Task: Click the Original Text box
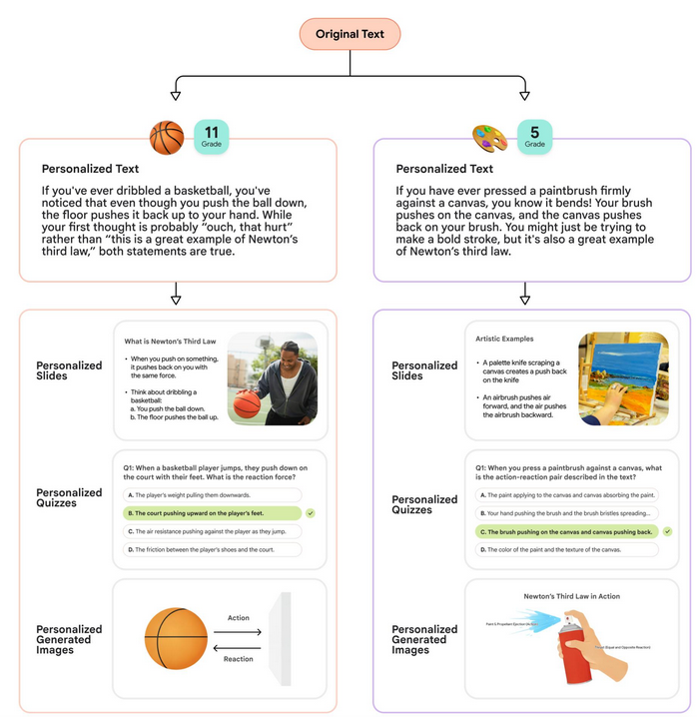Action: coord(349,34)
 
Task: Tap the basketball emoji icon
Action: coord(167,136)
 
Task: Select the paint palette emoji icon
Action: coord(489,136)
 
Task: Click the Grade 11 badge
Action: coord(212,136)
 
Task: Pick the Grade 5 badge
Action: coord(534,136)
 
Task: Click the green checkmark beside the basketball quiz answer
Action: coord(312,512)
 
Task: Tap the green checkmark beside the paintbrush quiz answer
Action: coord(667,531)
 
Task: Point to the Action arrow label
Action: coord(239,618)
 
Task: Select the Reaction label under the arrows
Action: coord(239,658)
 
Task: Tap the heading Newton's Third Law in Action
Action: coord(571,596)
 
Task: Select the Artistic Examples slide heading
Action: coord(505,340)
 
